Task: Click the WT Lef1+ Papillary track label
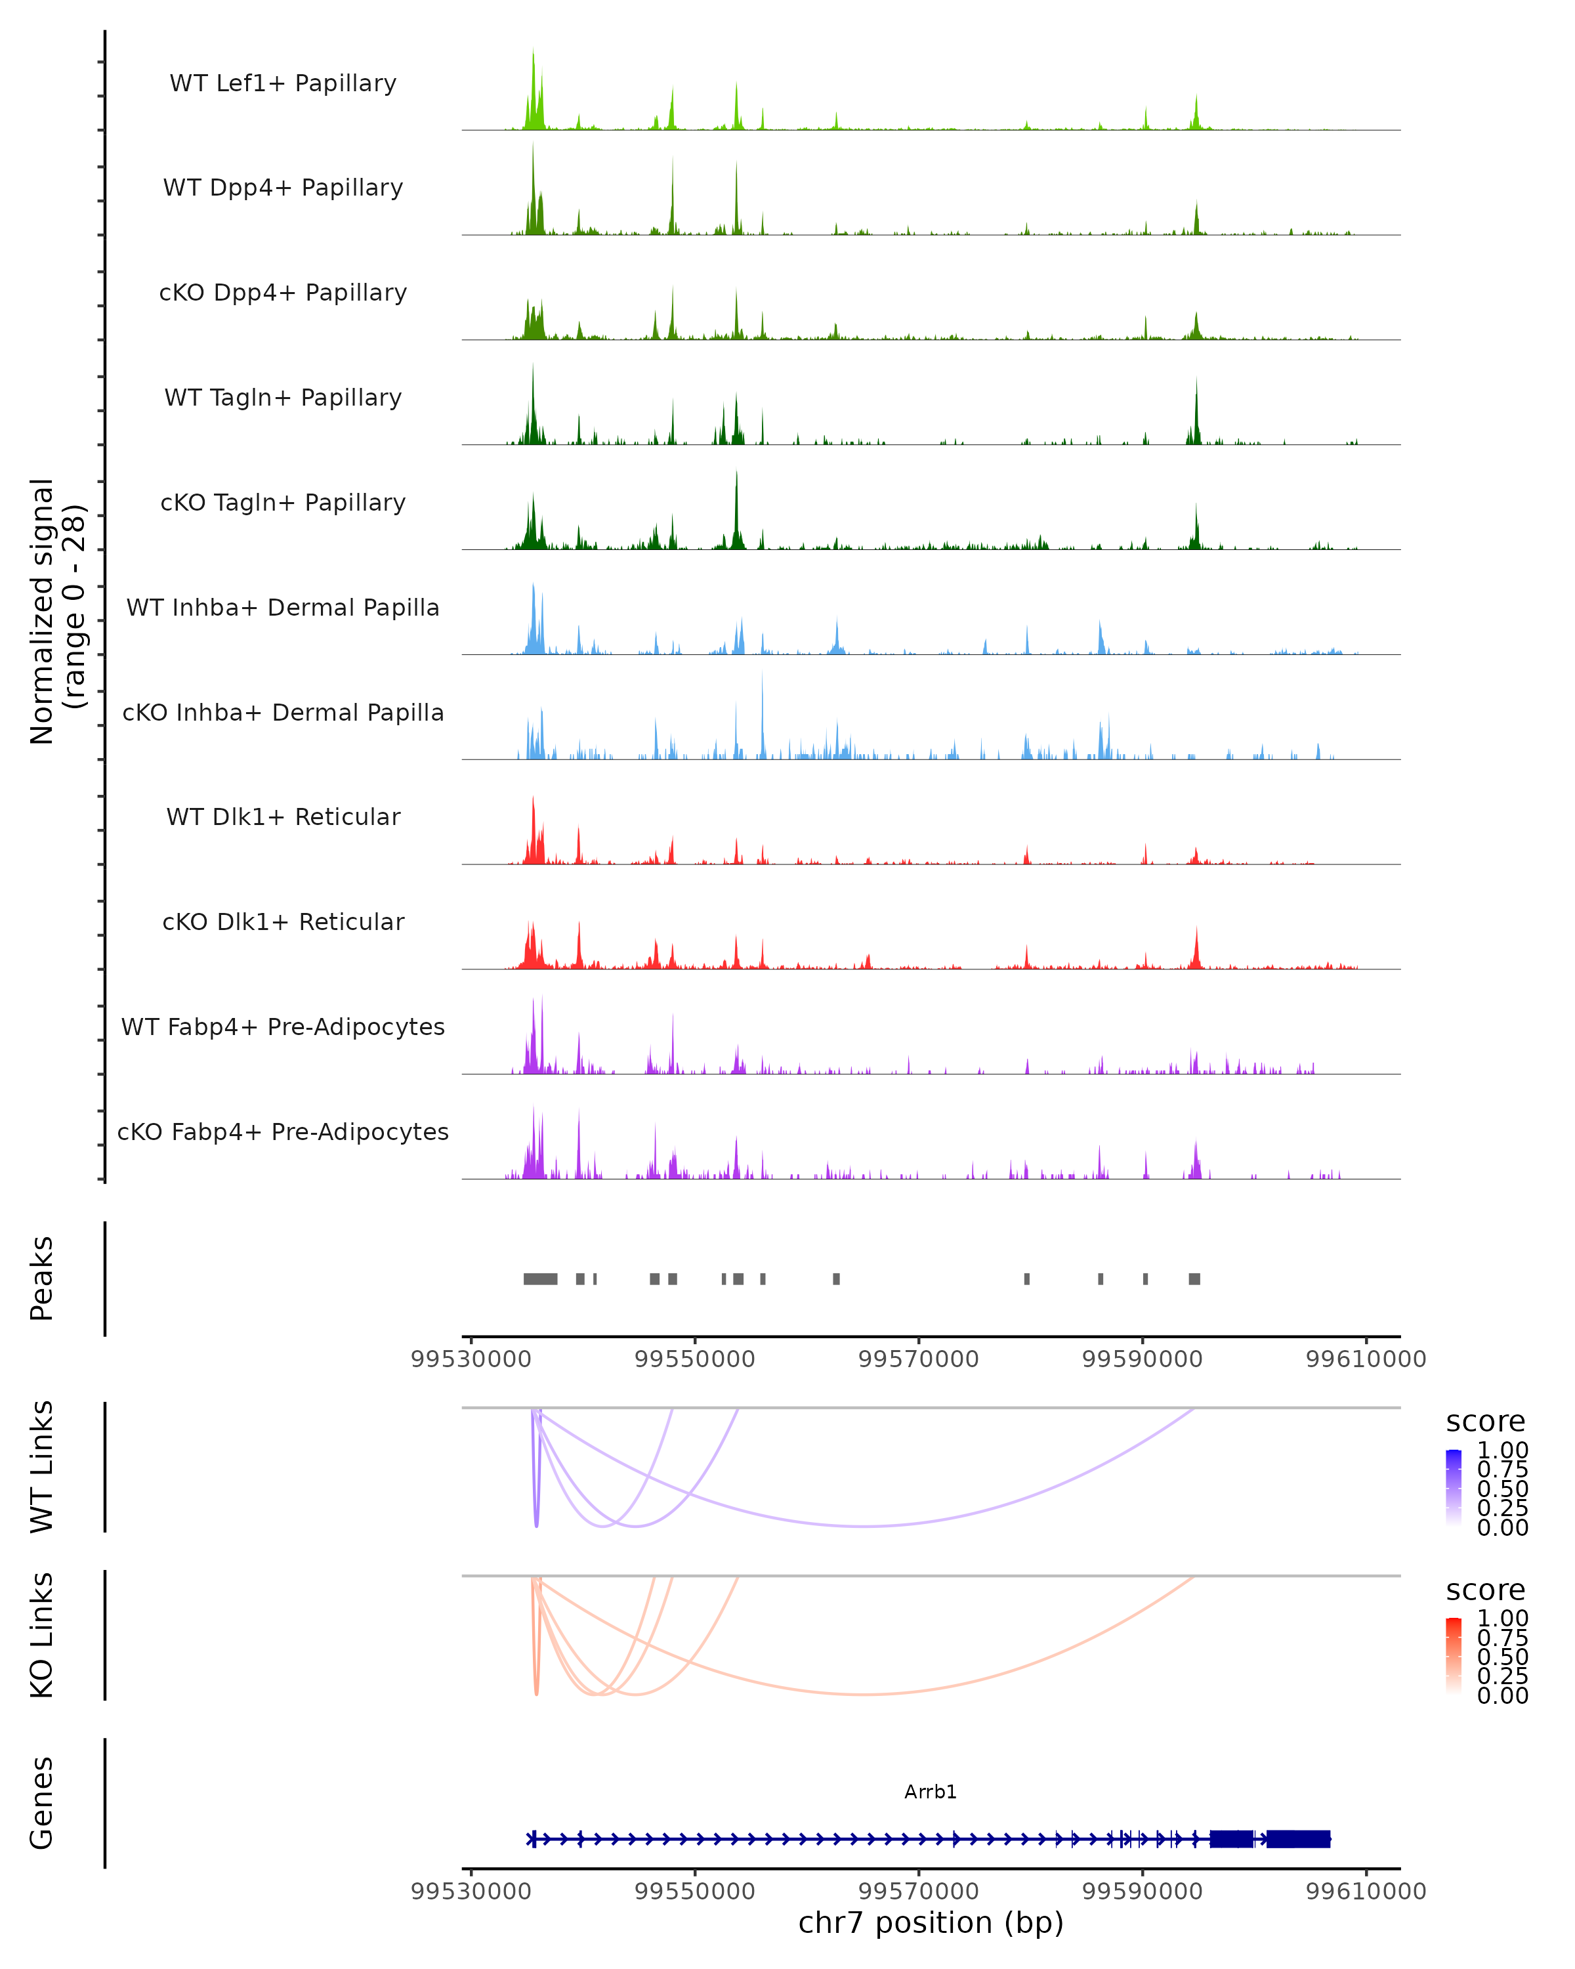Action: (283, 83)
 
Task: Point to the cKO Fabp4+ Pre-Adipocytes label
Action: (283, 1132)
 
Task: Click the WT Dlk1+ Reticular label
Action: (283, 816)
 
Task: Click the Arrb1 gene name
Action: (931, 1792)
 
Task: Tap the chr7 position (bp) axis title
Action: (931, 1922)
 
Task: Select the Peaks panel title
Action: (42, 1279)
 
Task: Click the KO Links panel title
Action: (42, 1635)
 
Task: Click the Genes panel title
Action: (42, 1803)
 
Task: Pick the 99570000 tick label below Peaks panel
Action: (919, 1359)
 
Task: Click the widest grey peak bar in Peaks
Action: (541, 1279)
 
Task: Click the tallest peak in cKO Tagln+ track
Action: (737, 475)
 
